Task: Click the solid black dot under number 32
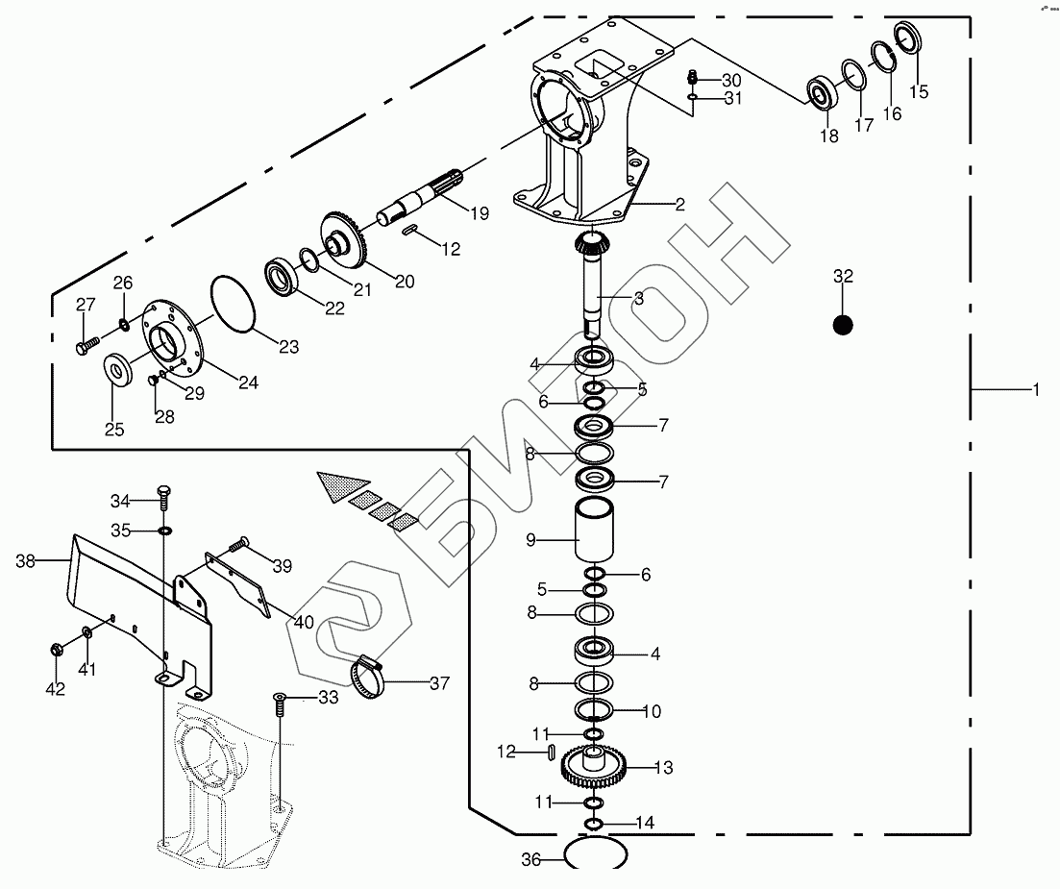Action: click(x=843, y=325)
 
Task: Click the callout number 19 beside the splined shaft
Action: click(x=480, y=213)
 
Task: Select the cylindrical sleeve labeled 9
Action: click(x=594, y=530)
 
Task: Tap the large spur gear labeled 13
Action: click(x=594, y=766)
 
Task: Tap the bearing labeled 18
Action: click(x=823, y=92)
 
